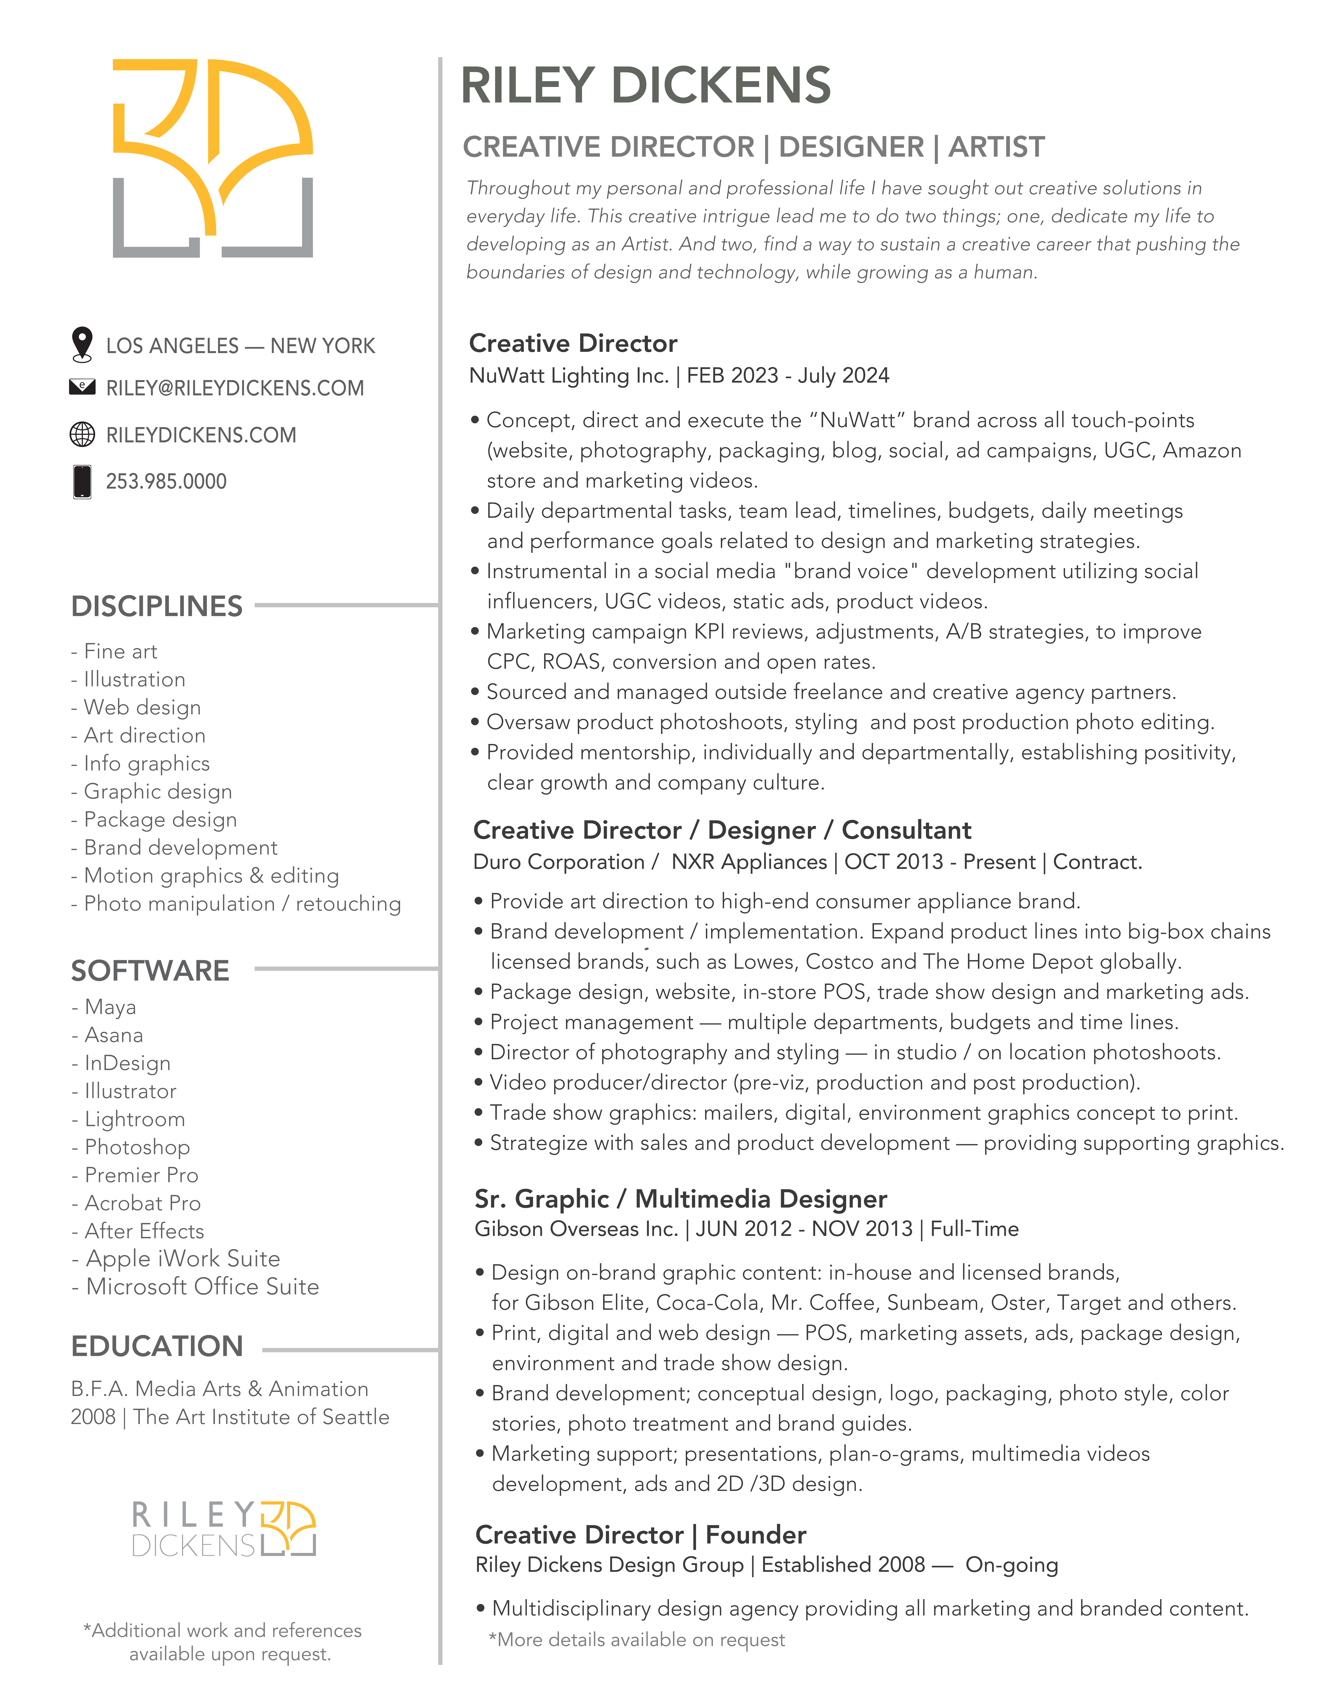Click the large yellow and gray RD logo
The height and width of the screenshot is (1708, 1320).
[x=213, y=158]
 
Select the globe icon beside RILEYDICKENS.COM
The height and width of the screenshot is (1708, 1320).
[x=82, y=434]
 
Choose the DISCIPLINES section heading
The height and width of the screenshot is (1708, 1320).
[x=156, y=606]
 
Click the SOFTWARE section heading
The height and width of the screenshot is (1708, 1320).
[x=150, y=971]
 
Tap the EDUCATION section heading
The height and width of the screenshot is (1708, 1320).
[x=156, y=1346]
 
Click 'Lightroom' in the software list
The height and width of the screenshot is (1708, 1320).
[x=135, y=1119]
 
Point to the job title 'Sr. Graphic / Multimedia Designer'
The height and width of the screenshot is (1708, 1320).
[x=680, y=1199]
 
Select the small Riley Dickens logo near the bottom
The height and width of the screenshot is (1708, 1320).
[x=224, y=1529]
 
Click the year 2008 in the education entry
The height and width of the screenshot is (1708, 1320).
[x=92, y=1417]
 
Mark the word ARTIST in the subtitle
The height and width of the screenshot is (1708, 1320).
[x=996, y=147]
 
